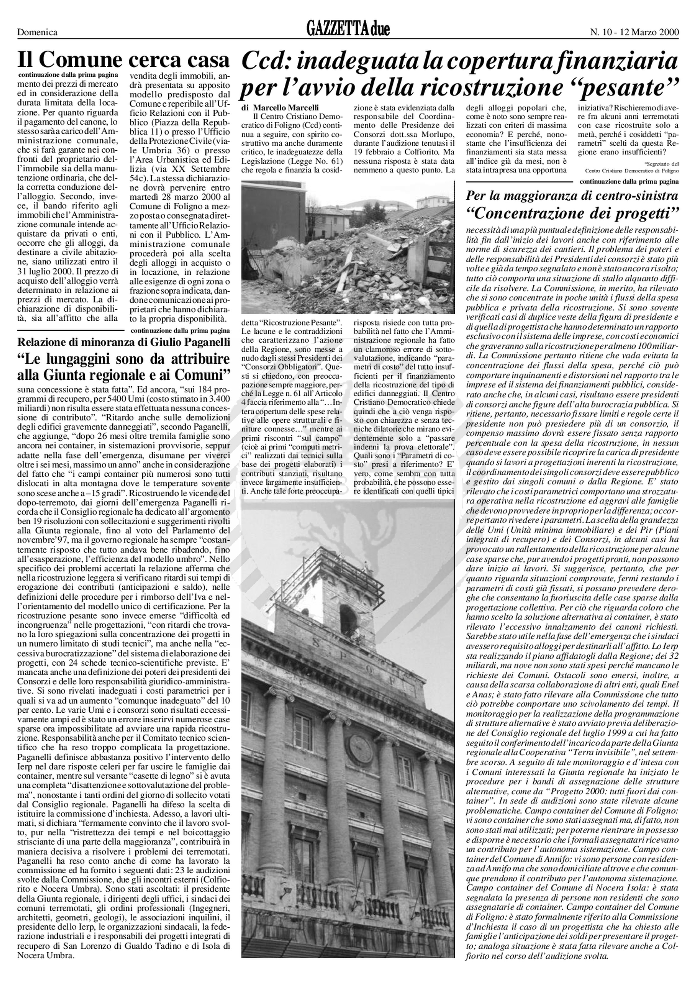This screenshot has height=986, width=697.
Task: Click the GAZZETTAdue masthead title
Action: [x=348, y=30]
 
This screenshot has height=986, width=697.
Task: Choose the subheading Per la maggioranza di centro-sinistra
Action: [x=573, y=196]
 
